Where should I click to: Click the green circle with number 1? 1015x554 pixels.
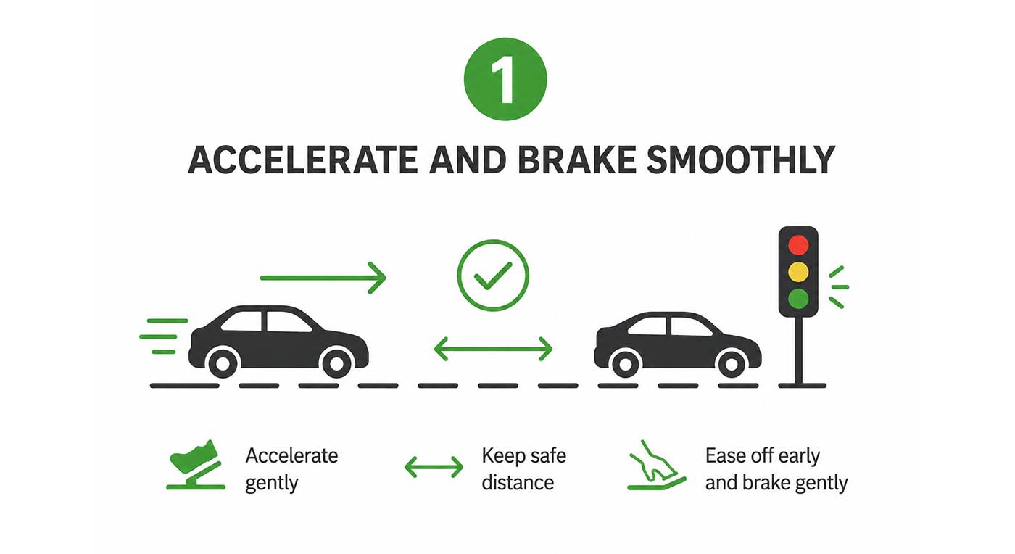(505, 79)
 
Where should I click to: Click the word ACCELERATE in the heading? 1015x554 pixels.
(303, 160)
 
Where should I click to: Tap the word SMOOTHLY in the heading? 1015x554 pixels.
(740, 160)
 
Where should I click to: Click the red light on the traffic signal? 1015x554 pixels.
(798, 245)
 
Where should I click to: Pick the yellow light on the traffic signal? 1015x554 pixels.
(798, 271)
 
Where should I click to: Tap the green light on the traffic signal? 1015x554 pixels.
(798, 298)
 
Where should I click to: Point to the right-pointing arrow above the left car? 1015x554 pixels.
(323, 278)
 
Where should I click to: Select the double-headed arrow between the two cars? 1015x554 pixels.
(493, 349)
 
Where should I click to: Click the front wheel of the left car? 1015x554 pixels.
(336, 363)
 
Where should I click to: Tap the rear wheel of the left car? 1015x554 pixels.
(223, 363)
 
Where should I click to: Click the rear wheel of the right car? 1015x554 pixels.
(625, 363)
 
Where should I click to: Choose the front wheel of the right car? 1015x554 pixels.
(732, 363)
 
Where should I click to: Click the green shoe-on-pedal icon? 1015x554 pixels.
(196, 465)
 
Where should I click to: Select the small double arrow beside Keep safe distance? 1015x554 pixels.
(434, 468)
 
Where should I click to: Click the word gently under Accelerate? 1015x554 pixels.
(272, 483)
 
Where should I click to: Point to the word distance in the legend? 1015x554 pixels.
(518, 482)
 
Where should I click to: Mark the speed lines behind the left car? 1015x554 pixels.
(164, 336)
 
